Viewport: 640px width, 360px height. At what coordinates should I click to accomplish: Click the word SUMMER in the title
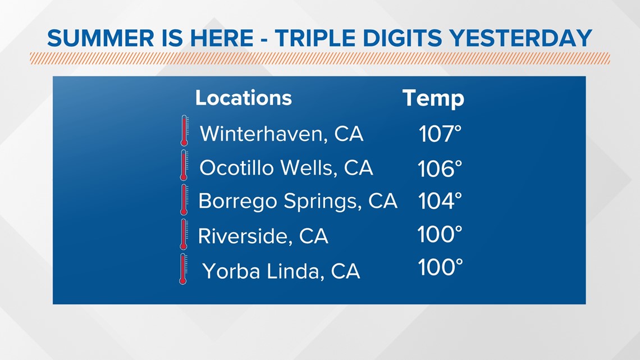pyautogui.click(x=100, y=38)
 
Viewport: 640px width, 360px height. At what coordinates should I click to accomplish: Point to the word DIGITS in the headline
pyautogui.click(x=402, y=38)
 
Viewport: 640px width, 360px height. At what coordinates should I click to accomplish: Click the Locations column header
pyautogui.click(x=244, y=98)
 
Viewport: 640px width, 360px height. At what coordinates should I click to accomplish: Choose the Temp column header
pyautogui.click(x=433, y=99)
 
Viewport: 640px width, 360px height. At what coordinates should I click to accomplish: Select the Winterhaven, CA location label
pyautogui.click(x=282, y=134)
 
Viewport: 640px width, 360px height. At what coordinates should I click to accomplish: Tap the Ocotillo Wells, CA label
pyautogui.click(x=286, y=168)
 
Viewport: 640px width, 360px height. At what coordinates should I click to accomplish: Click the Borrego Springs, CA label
pyautogui.click(x=298, y=201)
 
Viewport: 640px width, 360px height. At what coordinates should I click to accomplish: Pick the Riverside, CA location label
pyautogui.click(x=263, y=236)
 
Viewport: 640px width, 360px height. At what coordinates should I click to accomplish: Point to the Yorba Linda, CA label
pyautogui.click(x=281, y=271)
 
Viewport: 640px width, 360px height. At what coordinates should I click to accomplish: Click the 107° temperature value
pyautogui.click(x=440, y=134)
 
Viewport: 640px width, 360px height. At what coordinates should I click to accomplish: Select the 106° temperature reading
pyautogui.click(x=440, y=168)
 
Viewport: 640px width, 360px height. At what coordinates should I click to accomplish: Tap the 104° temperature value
pyautogui.click(x=440, y=201)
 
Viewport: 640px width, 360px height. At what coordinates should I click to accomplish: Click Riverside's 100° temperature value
pyautogui.click(x=440, y=234)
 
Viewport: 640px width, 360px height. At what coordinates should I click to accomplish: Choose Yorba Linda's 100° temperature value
pyautogui.click(x=440, y=267)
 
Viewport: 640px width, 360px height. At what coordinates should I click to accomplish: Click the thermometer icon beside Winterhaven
pyautogui.click(x=185, y=131)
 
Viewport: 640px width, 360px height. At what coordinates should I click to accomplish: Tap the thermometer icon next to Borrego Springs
pyautogui.click(x=184, y=199)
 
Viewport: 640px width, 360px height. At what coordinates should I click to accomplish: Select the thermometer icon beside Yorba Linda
pyautogui.click(x=183, y=269)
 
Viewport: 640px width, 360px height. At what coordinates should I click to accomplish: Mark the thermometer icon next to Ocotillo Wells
pyautogui.click(x=184, y=165)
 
